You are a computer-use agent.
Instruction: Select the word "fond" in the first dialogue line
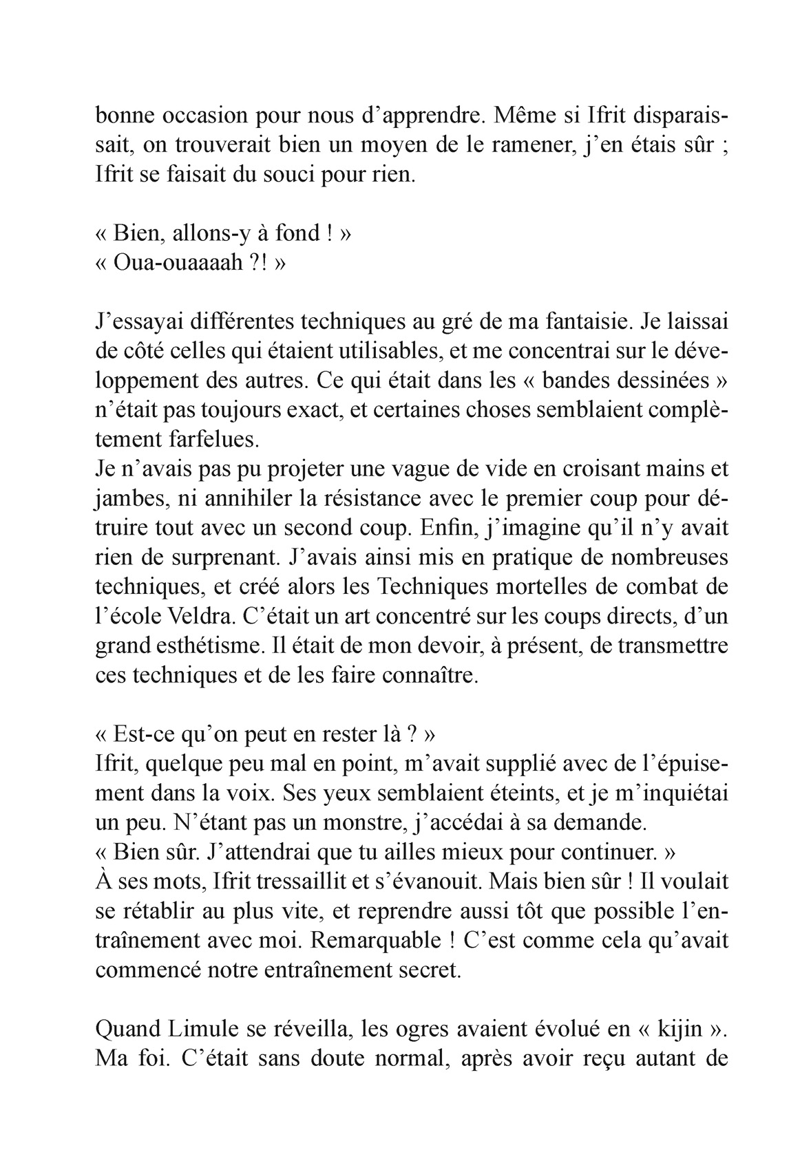coord(296,233)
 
